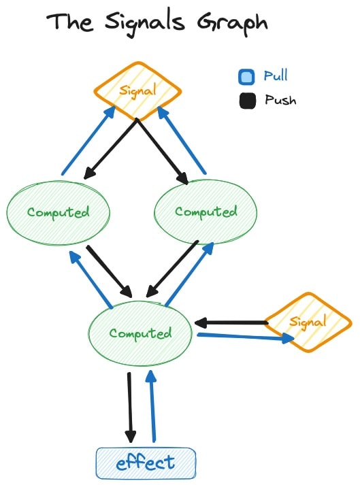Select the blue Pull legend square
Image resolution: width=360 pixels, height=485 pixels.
pos(246,77)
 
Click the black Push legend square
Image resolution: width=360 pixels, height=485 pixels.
pos(247,101)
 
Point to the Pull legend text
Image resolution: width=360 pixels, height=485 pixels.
pos(276,75)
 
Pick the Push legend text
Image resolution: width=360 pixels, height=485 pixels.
pos(280,100)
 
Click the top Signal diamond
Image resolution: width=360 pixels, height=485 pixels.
pos(137,90)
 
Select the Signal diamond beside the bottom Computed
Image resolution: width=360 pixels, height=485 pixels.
pos(308,322)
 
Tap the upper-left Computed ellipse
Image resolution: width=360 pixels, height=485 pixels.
pos(59,213)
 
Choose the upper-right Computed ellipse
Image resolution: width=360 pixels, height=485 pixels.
pos(206,212)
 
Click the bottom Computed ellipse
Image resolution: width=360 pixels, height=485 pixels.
pos(140,333)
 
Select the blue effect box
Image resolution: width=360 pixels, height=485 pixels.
pos(146,463)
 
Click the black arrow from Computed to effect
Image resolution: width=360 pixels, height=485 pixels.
pos(130,407)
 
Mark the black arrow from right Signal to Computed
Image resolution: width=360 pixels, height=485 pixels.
pos(231,323)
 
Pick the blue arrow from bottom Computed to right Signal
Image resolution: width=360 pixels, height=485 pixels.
pos(246,337)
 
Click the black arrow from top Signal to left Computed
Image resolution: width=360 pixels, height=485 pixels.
pos(110,149)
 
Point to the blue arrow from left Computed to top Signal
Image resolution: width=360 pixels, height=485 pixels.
pos(89,140)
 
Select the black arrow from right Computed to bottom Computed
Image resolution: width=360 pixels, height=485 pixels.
pos(171,269)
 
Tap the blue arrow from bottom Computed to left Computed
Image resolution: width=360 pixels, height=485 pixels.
pos(91,280)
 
